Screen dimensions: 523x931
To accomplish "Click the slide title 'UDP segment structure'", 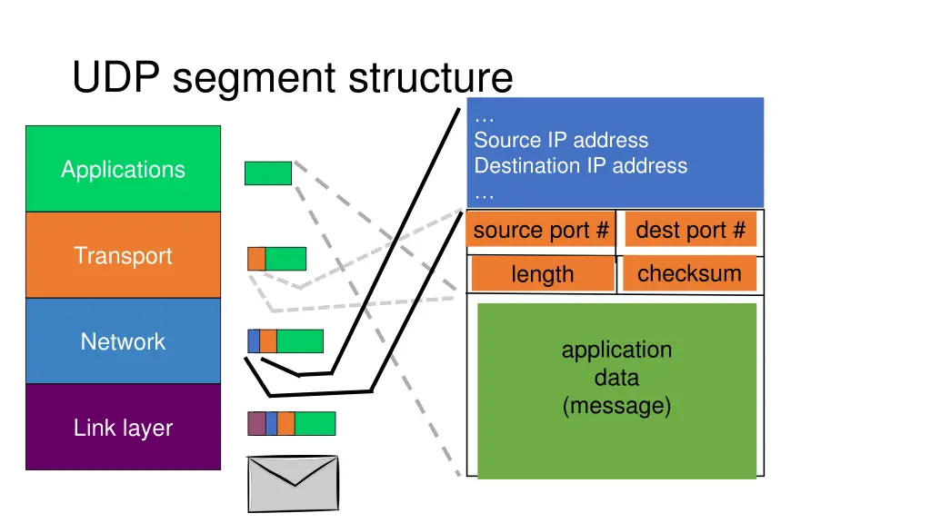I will pos(292,78).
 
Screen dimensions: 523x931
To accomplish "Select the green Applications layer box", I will pos(123,169).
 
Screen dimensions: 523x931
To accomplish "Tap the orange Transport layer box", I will pos(123,255).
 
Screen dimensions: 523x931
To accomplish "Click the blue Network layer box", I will pos(123,341).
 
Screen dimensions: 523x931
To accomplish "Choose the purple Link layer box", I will pos(123,428).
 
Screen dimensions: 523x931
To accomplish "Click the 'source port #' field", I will pos(541,231).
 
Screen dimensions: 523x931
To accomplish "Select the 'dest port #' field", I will pos(690,231).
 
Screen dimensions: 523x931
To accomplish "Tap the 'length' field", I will pos(542,274).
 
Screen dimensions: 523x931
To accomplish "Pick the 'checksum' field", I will pos(689,273).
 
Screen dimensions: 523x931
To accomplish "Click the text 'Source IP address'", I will pos(561,140).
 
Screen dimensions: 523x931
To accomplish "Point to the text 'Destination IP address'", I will pos(580,165).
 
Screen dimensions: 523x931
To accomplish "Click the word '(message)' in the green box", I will pos(616,405).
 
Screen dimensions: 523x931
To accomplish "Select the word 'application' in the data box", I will pos(616,350).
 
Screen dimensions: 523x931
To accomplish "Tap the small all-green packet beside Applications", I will pos(268,173).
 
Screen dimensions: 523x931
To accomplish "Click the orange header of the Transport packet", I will pos(256,259).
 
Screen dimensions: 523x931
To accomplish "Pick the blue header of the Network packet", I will pos(254,341).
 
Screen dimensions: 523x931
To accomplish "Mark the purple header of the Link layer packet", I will pos(256,423).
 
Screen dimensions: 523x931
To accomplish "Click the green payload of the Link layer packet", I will pos(315,423).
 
